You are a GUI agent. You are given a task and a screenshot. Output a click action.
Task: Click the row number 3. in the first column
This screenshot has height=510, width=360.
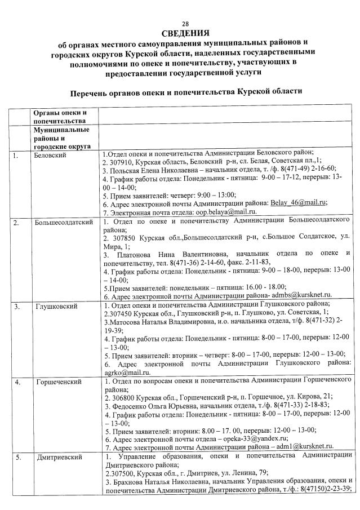pyautogui.click(x=17, y=307)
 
